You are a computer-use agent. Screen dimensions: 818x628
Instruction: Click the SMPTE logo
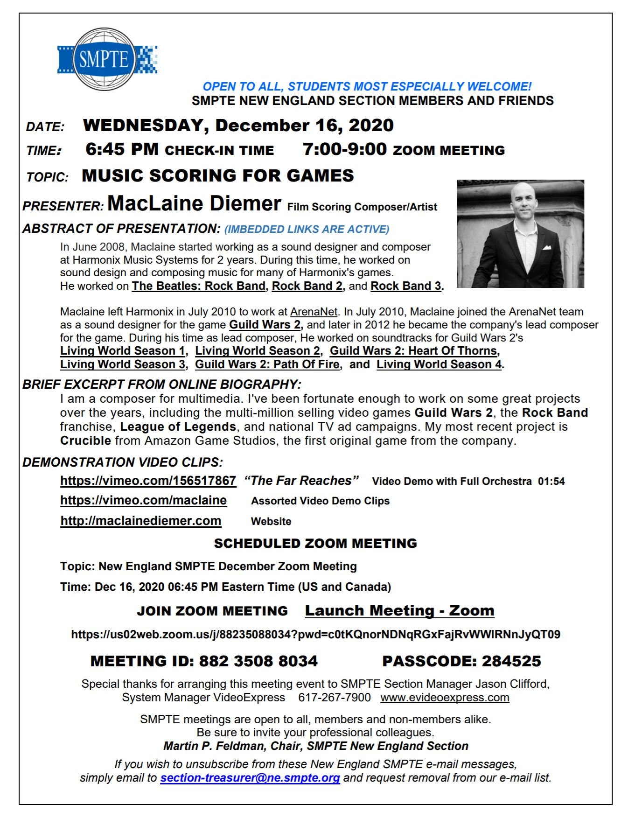(x=106, y=59)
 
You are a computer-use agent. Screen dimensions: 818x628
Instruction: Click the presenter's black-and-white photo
(x=520, y=233)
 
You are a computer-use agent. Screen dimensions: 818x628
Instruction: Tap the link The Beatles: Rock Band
(x=199, y=286)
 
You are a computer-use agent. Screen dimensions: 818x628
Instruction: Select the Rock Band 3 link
(x=405, y=286)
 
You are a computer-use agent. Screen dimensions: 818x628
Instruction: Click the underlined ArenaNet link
(x=314, y=312)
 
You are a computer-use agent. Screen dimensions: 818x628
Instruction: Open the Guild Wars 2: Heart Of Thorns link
(x=414, y=351)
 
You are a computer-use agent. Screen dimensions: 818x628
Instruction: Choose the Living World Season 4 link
(x=439, y=364)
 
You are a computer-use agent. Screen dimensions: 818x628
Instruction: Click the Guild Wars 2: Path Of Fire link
(x=267, y=364)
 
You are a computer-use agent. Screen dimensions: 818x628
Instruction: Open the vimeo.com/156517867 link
(x=148, y=481)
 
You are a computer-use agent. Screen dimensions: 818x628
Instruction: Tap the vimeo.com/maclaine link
(x=143, y=500)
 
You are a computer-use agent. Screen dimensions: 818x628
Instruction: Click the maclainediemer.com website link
(x=140, y=521)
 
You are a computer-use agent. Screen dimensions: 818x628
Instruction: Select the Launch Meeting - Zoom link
(x=399, y=610)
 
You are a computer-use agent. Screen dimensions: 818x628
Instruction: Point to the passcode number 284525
(x=511, y=661)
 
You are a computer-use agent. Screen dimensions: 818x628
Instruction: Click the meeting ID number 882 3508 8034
(x=258, y=661)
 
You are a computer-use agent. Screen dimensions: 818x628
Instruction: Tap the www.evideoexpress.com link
(x=445, y=698)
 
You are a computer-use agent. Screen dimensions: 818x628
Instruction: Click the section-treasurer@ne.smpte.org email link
(x=250, y=778)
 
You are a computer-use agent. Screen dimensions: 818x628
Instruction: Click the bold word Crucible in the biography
(x=85, y=441)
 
